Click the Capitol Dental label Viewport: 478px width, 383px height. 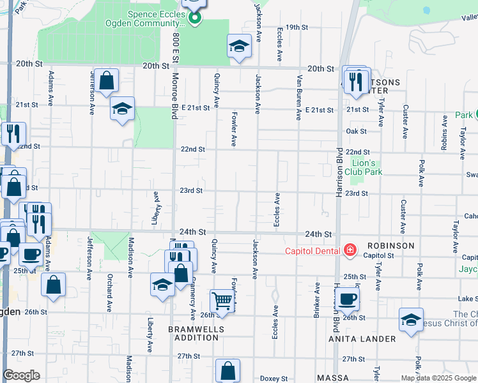pos(313,250)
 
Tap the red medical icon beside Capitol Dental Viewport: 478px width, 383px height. pos(350,250)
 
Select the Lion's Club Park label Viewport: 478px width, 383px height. pos(363,167)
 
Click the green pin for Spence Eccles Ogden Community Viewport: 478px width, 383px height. pos(196,17)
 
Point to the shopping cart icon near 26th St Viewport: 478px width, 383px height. pos(222,300)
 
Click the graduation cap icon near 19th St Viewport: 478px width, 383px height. pos(239,46)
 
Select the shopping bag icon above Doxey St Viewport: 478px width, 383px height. pos(227,370)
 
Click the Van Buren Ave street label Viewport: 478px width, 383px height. pos(298,97)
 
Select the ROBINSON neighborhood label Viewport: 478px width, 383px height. pos(390,245)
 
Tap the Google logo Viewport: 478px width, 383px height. pos(21,375)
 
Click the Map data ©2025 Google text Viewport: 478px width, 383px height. pos(438,378)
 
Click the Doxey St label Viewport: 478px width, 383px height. pos(274,379)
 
